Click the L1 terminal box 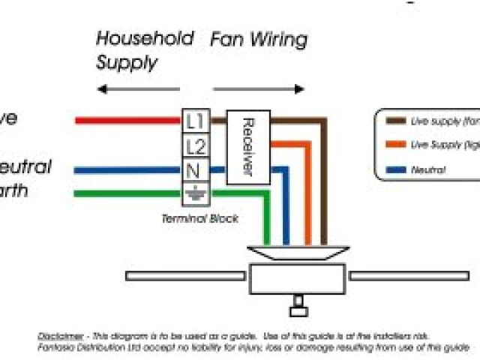196,120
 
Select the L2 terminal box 196,145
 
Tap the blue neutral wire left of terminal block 127,170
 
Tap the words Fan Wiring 258,39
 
